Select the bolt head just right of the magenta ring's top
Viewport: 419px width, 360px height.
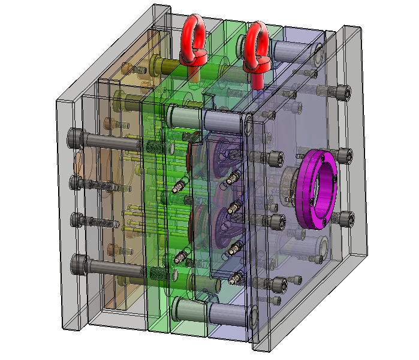pos(345,157)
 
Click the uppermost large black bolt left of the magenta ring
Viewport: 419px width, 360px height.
pos(275,159)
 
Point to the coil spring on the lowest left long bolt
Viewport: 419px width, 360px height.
pos(157,274)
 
